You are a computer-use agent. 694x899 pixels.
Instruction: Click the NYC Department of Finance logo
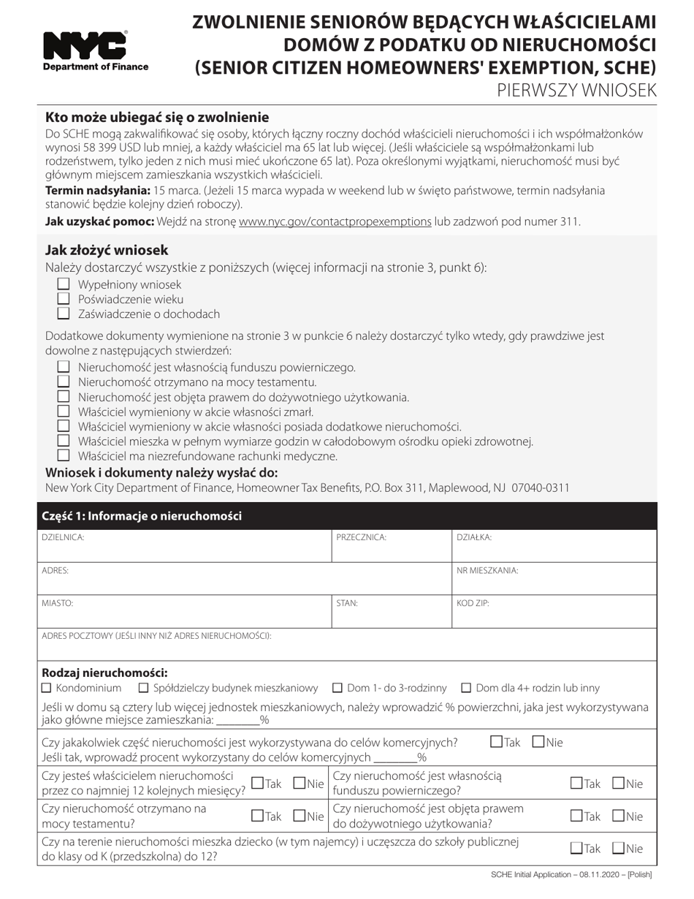tap(96, 51)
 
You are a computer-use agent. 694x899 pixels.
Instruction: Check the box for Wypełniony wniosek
tap(64, 284)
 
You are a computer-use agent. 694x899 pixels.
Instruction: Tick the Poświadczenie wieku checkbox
tap(64, 299)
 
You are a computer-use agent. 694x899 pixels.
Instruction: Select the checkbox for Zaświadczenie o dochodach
tap(64, 314)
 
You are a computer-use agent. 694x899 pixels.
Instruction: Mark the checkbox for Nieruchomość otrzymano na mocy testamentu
tap(64, 382)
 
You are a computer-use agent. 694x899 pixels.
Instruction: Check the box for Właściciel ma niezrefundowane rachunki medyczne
tap(64, 455)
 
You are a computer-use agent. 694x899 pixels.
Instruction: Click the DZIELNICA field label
tap(63, 537)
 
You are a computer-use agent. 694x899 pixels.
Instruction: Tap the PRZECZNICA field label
tap(361, 537)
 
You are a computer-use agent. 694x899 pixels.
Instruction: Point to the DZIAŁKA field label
tap(474, 537)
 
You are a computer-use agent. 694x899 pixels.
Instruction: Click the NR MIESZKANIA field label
tap(487, 571)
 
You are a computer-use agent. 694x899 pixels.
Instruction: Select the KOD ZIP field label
tap(473, 604)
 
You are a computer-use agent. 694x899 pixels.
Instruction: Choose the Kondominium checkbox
tap(47, 688)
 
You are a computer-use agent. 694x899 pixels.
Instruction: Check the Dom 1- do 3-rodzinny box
tap(338, 688)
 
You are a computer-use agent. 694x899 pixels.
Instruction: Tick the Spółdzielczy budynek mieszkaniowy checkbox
tap(143, 688)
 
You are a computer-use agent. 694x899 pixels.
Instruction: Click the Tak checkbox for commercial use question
tap(497, 742)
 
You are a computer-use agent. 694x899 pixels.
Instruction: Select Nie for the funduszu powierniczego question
tap(618, 784)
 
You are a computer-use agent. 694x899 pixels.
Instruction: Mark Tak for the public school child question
tap(576, 849)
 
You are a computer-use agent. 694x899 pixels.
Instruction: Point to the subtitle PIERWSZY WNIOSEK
tap(576, 90)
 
